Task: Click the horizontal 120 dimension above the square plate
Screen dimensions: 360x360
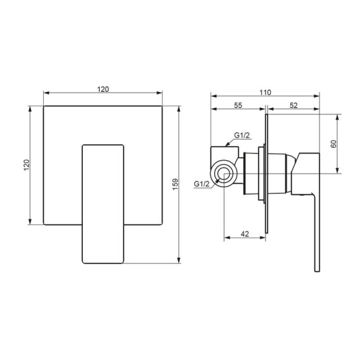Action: [x=103, y=89]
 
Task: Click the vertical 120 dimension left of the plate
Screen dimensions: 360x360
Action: [x=27, y=165]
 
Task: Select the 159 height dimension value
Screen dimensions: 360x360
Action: [x=175, y=184]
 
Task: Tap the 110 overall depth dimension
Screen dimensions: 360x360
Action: [x=265, y=92]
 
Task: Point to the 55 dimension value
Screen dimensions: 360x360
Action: [x=238, y=105]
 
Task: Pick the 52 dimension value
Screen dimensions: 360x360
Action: [x=293, y=105]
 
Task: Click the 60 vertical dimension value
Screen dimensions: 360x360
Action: [x=333, y=144]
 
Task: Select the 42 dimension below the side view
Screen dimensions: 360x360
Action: [x=245, y=234]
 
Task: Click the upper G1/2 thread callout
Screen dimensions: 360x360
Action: [x=242, y=135]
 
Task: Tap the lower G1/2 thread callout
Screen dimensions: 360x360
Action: [x=202, y=184]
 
